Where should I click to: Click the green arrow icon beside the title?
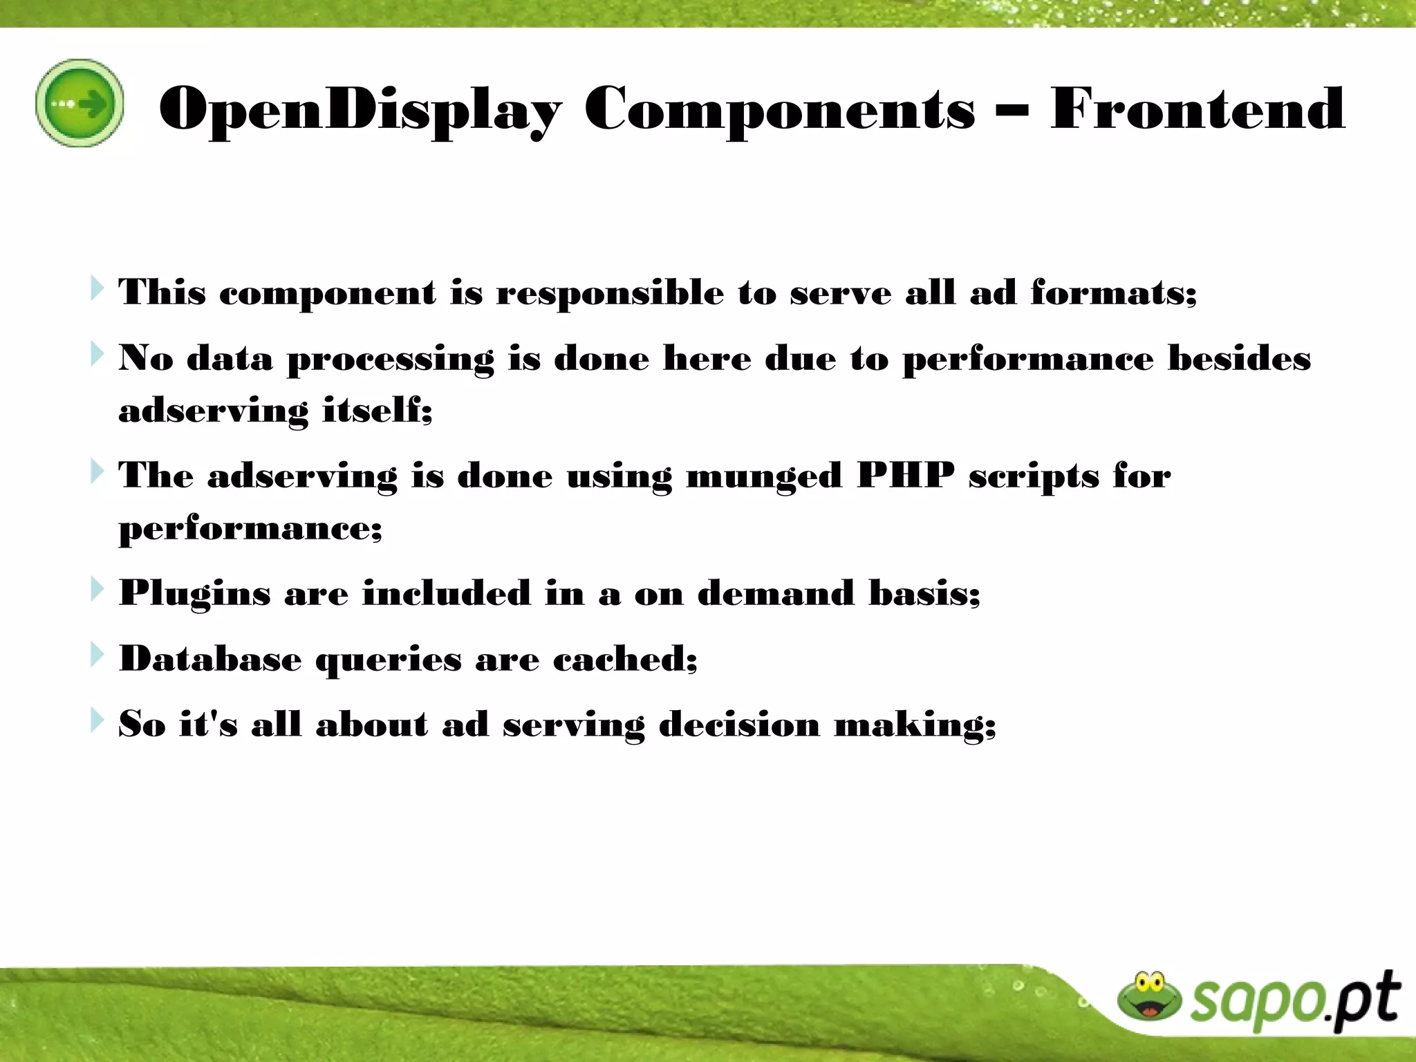(x=80, y=103)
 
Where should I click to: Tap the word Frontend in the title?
(x=1197, y=109)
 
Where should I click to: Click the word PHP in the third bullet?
(x=905, y=476)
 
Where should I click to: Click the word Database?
(x=210, y=658)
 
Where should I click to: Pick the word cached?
(x=624, y=658)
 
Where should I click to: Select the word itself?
(x=377, y=410)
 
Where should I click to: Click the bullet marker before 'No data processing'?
(x=97, y=354)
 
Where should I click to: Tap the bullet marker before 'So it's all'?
(x=97, y=720)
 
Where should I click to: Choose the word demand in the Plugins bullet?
(x=775, y=593)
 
